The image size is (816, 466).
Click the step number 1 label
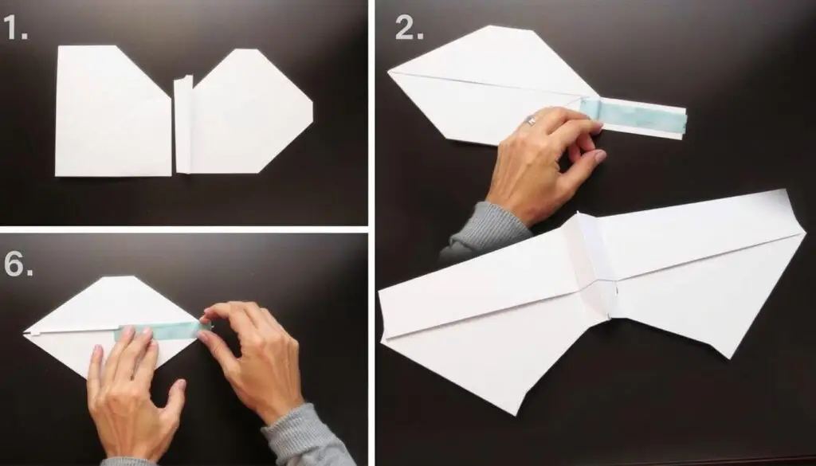tap(15, 28)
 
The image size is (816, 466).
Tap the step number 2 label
tap(409, 28)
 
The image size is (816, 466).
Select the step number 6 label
tap(19, 264)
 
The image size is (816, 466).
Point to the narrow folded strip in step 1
tap(183, 124)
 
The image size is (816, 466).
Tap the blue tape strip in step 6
tap(157, 331)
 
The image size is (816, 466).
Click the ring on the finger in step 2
tap(532, 120)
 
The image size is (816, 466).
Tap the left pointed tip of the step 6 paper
tap(25, 332)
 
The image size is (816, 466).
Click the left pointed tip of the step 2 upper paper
tap(389, 71)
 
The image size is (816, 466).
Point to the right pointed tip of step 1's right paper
tap(312, 111)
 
